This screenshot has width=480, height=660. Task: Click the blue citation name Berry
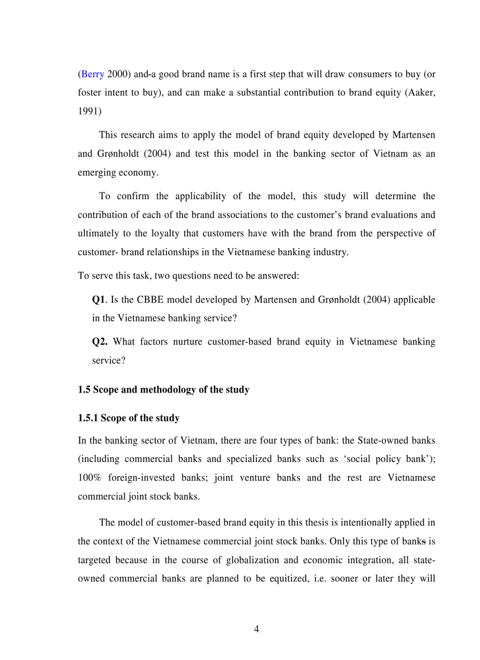92,74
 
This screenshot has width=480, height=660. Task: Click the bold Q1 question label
98,299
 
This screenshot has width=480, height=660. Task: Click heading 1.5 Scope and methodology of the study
164,390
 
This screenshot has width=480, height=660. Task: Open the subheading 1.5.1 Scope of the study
128,418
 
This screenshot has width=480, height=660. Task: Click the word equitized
277,578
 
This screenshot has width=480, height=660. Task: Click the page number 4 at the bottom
256,629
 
